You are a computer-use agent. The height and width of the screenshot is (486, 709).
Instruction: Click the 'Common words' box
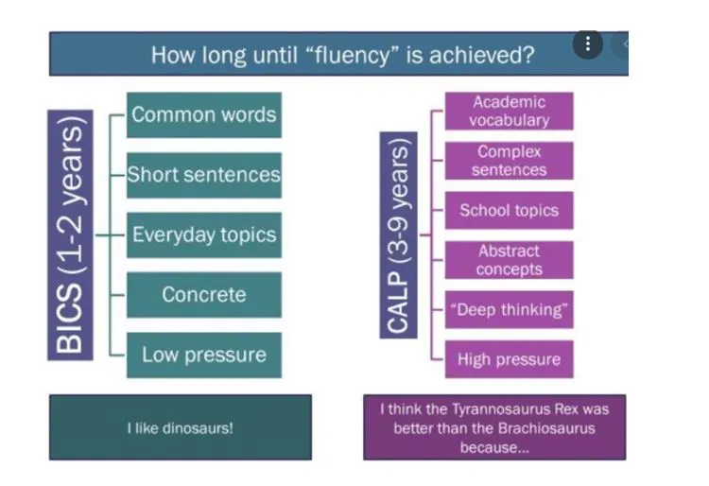(203, 115)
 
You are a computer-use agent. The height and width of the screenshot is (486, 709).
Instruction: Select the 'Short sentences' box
(203, 175)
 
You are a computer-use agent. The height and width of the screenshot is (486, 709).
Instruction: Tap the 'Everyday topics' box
(203, 234)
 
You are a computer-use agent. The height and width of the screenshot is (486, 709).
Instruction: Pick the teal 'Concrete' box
(203, 294)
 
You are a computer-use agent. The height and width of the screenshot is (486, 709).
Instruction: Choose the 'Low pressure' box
(203, 355)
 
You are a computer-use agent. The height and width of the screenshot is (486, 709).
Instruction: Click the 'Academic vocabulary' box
(509, 111)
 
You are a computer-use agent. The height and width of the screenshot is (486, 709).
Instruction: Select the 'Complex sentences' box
(509, 161)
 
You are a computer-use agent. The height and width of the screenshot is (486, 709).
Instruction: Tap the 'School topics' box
(509, 210)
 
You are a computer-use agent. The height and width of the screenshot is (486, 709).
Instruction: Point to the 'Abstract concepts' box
(509, 260)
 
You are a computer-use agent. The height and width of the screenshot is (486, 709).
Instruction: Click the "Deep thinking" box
(509, 310)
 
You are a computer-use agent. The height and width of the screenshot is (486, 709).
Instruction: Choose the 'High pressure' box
(509, 359)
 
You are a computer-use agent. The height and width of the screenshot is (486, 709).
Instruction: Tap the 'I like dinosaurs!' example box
(180, 427)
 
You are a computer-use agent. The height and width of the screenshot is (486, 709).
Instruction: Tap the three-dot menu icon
(588, 43)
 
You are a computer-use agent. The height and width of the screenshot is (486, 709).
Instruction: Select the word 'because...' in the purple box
(493, 445)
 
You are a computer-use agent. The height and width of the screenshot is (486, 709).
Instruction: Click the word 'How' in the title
(172, 54)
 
